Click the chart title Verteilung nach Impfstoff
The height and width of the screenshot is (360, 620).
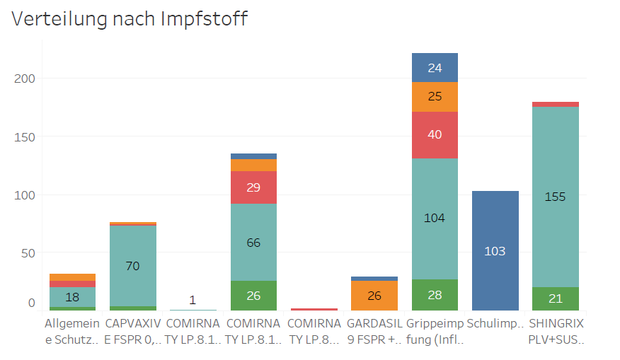tap(130, 19)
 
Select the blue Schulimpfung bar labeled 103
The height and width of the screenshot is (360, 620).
tap(495, 250)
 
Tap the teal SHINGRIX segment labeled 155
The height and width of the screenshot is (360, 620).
tap(556, 197)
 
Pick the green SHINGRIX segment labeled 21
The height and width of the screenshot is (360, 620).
tap(556, 298)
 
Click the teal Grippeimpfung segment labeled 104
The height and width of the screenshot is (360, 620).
tap(435, 218)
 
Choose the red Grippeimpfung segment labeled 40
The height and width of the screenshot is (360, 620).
tap(435, 134)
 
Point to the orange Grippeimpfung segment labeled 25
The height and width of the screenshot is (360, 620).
tap(435, 96)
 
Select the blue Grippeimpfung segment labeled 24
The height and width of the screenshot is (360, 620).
tap(435, 68)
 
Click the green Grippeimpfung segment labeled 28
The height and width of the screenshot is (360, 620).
tap(435, 294)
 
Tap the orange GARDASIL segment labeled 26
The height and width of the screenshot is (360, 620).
tap(374, 295)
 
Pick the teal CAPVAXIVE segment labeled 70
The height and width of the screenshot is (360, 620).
tap(133, 266)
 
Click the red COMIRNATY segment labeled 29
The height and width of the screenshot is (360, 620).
tap(253, 187)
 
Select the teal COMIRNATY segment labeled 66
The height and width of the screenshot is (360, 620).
tap(253, 243)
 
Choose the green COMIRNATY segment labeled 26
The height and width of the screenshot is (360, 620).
tap(253, 296)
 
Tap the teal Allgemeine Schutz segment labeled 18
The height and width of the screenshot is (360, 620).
tap(72, 296)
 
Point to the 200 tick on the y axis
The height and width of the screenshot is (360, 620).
tap(24, 78)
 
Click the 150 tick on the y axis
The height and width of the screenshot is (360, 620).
tap(24, 136)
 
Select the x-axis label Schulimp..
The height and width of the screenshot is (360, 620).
tap(495, 323)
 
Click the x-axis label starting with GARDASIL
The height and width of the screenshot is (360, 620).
tap(375, 330)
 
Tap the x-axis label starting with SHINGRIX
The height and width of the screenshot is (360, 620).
tap(556, 330)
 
